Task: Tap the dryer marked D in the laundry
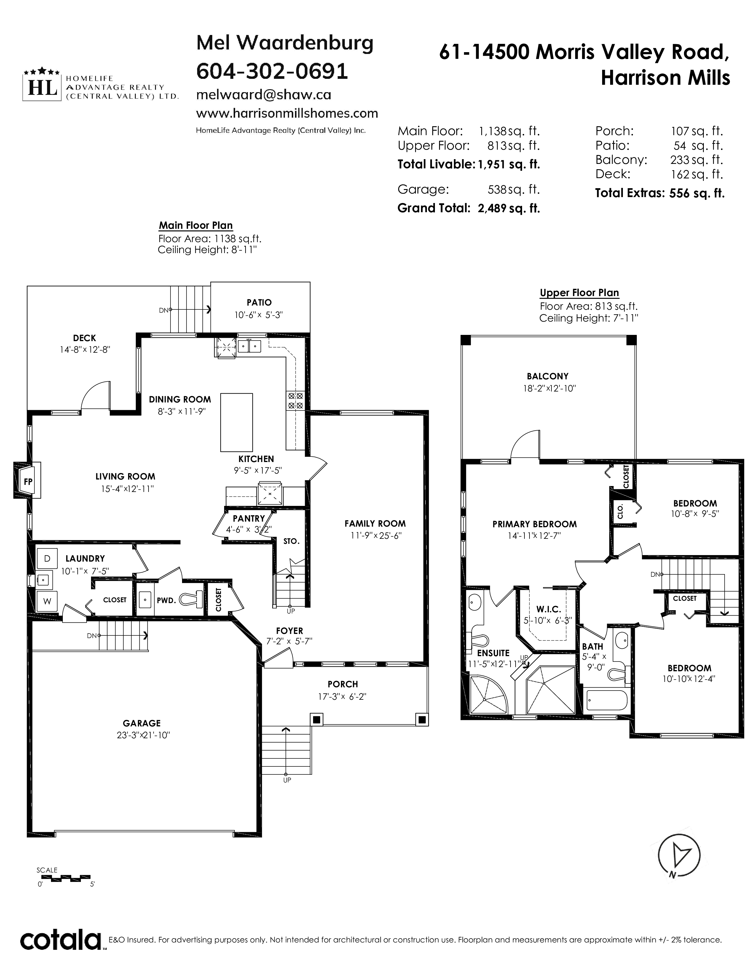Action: pyautogui.click(x=47, y=558)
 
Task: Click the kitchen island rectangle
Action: pyautogui.click(x=237, y=422)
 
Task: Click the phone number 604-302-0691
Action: pyautogui.click(x=272, y=71)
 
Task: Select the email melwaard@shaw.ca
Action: pyautogui.click(x=264, y=95)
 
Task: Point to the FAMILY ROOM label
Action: pyautogui.click(x=375, y=523)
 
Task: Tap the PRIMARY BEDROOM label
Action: pyautogui.click(x=534, y=524)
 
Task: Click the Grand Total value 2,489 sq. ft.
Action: pyautogui.click(x=509, y=208)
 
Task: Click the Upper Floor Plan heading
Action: pyautogui.click(x=579, y=293)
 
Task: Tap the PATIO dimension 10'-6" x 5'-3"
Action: pyautogui.click(x=259, y=315)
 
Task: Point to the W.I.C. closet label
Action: pyautogui.click(x=549, y=609)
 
